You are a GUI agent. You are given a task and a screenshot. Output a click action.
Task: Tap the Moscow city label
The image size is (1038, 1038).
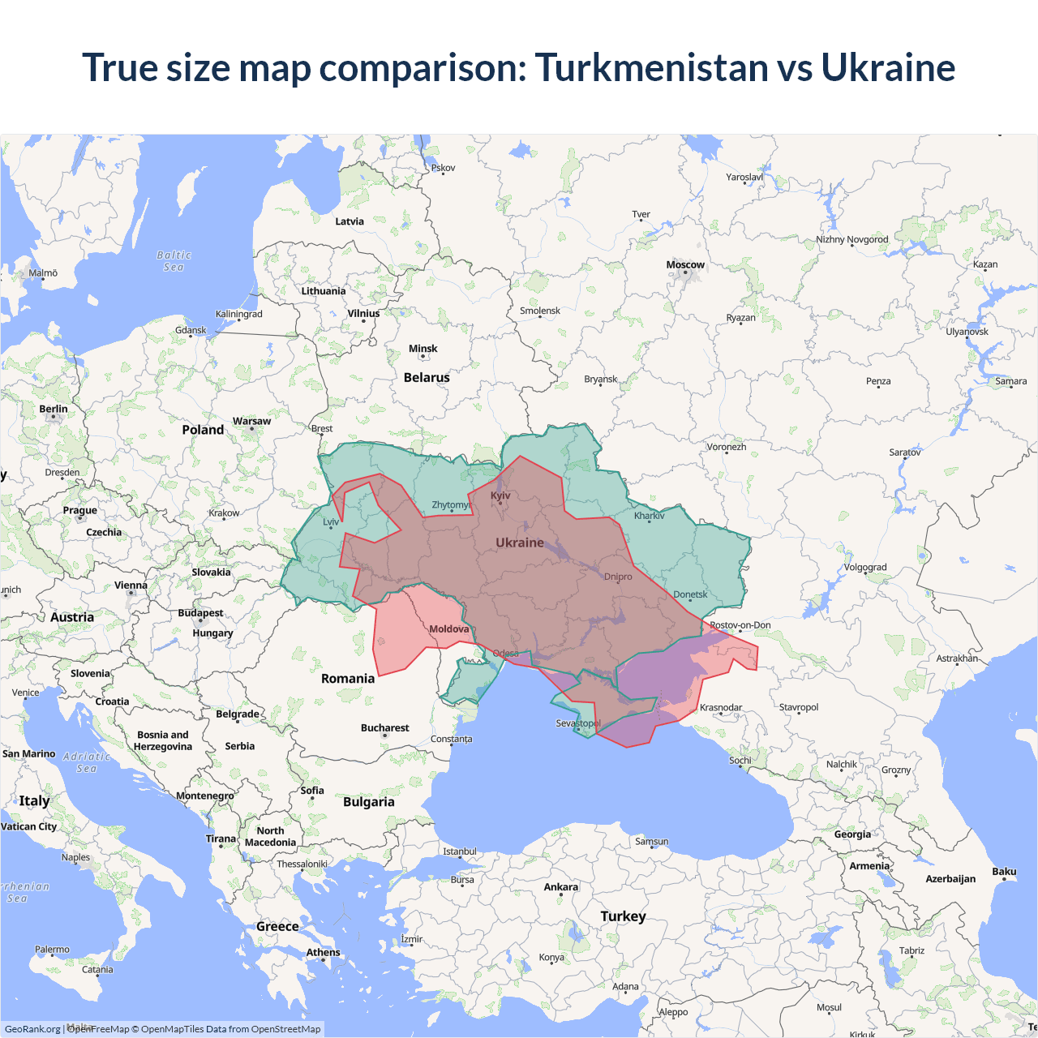coord(685,265)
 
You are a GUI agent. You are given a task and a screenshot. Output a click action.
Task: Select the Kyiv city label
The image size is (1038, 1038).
coord(500,495)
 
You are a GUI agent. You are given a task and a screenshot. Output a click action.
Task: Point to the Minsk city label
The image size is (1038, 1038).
coord(422,349)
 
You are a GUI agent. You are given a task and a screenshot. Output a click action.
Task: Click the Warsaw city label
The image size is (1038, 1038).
coord(251,421)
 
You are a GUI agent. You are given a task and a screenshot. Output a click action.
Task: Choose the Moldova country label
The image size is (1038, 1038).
coord(448,629)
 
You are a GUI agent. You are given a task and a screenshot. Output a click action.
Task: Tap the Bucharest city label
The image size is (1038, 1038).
coord(384,727)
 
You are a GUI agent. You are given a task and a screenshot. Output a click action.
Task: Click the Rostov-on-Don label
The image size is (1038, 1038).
coord(740,624)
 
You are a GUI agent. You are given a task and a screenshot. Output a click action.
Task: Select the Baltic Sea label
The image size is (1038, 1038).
coord(174,260)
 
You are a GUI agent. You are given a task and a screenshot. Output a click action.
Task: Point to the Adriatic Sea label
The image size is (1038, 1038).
coord(87,762)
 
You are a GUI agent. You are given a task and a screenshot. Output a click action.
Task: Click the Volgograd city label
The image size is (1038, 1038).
coord(865,567)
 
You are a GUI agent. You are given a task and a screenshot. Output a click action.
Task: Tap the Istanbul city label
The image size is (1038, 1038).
coord(460,851)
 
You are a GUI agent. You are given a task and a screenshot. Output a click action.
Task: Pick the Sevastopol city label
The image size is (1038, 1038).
coord(578,723)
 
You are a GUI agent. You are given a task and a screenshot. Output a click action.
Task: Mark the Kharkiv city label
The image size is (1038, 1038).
coord(649,516)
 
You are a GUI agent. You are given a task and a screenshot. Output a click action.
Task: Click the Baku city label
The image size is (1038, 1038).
coord(1004,872)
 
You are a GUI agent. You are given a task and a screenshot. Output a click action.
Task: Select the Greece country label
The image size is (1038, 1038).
coord(277,926)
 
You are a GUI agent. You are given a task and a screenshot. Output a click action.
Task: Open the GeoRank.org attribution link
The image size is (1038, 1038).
coord(32,1029)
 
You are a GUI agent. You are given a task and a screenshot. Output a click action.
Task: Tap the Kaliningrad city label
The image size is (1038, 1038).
coord(238,314)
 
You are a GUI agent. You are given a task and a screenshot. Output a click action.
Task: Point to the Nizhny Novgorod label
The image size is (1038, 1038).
coord(851,239)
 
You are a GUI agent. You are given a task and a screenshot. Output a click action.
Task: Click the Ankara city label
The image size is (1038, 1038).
coord(560,886)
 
